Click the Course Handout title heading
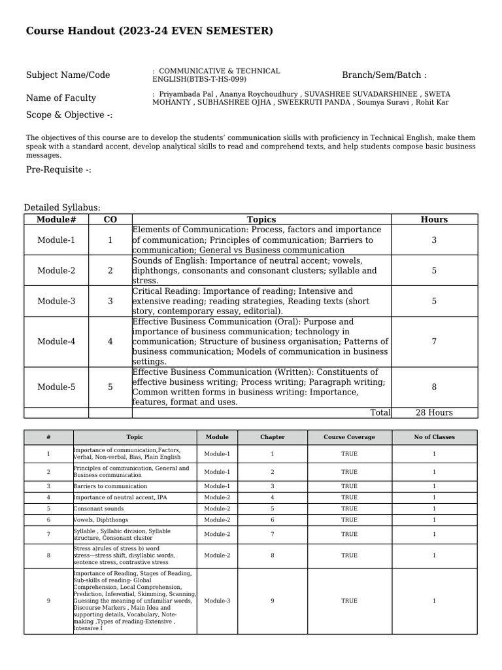pyautogui.click(x=150, y=31)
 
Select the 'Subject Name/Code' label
pyautogui.click(x=68, y=75)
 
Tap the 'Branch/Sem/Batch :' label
pyautogui.click(x=384, y=75)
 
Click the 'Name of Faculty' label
pyautogui.click(x=61, y=98)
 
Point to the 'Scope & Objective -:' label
pyautogui.click(x=69, y=115)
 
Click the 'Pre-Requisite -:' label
pyautogui.click(x=59, y=170)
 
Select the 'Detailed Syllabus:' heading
pyautogui.click(x=62, y=208)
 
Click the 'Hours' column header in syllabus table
pyautogui.click(x=434, y=220)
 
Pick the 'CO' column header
pyautogui.click(x=110, y=220)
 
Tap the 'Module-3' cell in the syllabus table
pyautogui.click(x=56, y=301)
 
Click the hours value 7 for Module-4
pyautogui.click(x=434, y=342)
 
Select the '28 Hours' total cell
pyautogui.click(x=434, y=413)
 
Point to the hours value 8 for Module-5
pyautogui.click(x=434, y=387)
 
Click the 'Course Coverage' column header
pyautogui.click(x=349, y=437)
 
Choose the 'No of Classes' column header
pyautogui.click(x=434, y=437)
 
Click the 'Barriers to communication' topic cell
pyautogui.click(x=110, y=487)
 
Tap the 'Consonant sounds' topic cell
pyautogui.click(x=99, y=508)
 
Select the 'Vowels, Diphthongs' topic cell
pyautogui.click(x=101, y=520)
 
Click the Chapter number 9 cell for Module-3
pyautogui.click(x=272, y=601)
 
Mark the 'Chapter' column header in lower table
pyautogui.click(x=272, y=437)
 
